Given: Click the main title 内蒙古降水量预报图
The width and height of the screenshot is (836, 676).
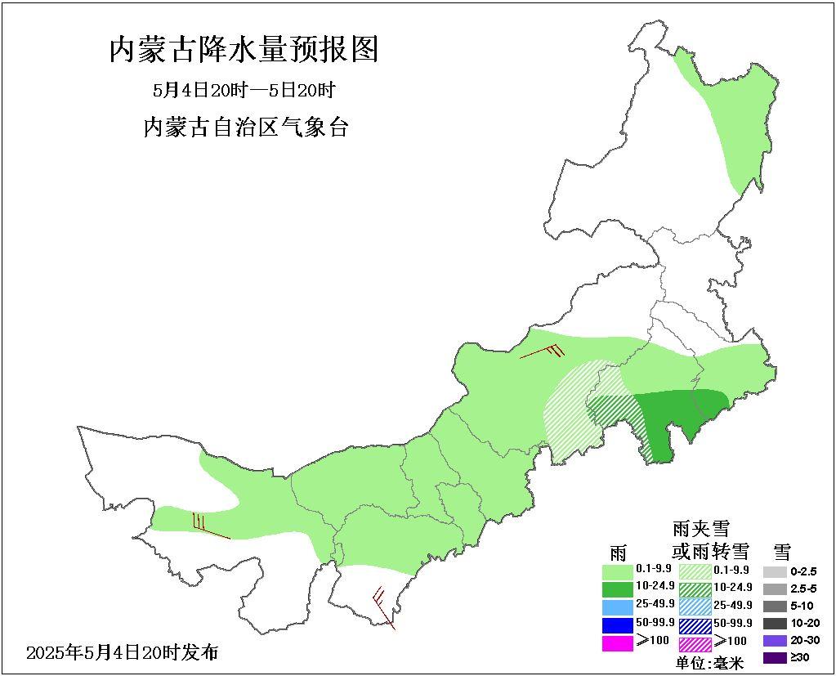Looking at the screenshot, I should pyautogui.click(x=244, y=50).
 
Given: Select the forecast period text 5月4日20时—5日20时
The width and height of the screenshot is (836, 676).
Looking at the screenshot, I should pyautogui.click(x=244, y=90).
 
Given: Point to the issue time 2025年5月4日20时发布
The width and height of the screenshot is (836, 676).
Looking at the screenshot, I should pyautogui.click(x=123, y=652).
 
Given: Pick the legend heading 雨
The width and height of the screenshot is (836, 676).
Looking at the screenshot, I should pyautogui.click(x=617, y=550).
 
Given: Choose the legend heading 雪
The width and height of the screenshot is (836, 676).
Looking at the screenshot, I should pyautogui.click(x=781, y=550).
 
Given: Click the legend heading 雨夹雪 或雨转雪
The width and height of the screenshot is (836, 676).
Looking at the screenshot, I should pyautogui.click(x=700, y=539).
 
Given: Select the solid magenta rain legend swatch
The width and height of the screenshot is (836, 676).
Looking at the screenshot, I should pyautogui.click(x=617, y=642).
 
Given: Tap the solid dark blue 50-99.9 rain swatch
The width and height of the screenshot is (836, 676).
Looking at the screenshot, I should pyautogui.click(x=617, y=625).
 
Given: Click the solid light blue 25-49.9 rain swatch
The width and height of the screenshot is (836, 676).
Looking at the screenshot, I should pyautogui.click(x=617, y=607).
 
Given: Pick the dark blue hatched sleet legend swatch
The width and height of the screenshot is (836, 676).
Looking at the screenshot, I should pyautogui.click(x=695, y=625).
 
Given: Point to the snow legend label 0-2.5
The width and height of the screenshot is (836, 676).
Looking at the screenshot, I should pyautogui.click(x=803, y=571).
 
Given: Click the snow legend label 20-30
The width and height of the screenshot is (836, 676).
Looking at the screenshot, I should pyautogui.click(x=803, y=640).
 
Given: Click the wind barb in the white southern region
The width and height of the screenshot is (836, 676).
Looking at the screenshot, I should pyautogui.click(x=382, y=605).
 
